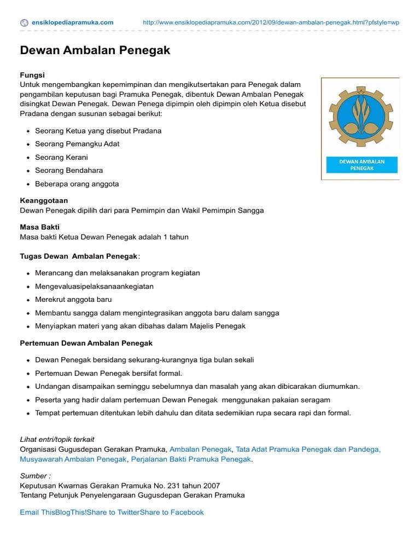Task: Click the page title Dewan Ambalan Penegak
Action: [x=95, y=50]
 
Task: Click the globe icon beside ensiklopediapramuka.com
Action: [x=24, y=22]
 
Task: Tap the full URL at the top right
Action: [x=270, y=22]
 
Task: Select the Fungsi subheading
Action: [x=32, y=75]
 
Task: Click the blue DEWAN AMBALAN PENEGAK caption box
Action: [x=361, y=165]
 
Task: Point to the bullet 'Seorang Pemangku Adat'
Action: [x=77, y=144]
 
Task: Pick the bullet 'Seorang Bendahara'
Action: [x=69, y=170]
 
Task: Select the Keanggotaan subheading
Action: [x=44, y=201]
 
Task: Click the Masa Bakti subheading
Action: [x=40, y=227]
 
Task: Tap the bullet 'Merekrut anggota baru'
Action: [x=73, y=300]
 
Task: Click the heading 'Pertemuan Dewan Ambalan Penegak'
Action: [x=86, y=343]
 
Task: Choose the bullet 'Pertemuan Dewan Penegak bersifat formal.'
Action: [x=108, y=373]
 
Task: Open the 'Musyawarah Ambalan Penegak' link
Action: [x=73, y=459]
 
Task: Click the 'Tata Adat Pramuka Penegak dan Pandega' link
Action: [x=308, y=449]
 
